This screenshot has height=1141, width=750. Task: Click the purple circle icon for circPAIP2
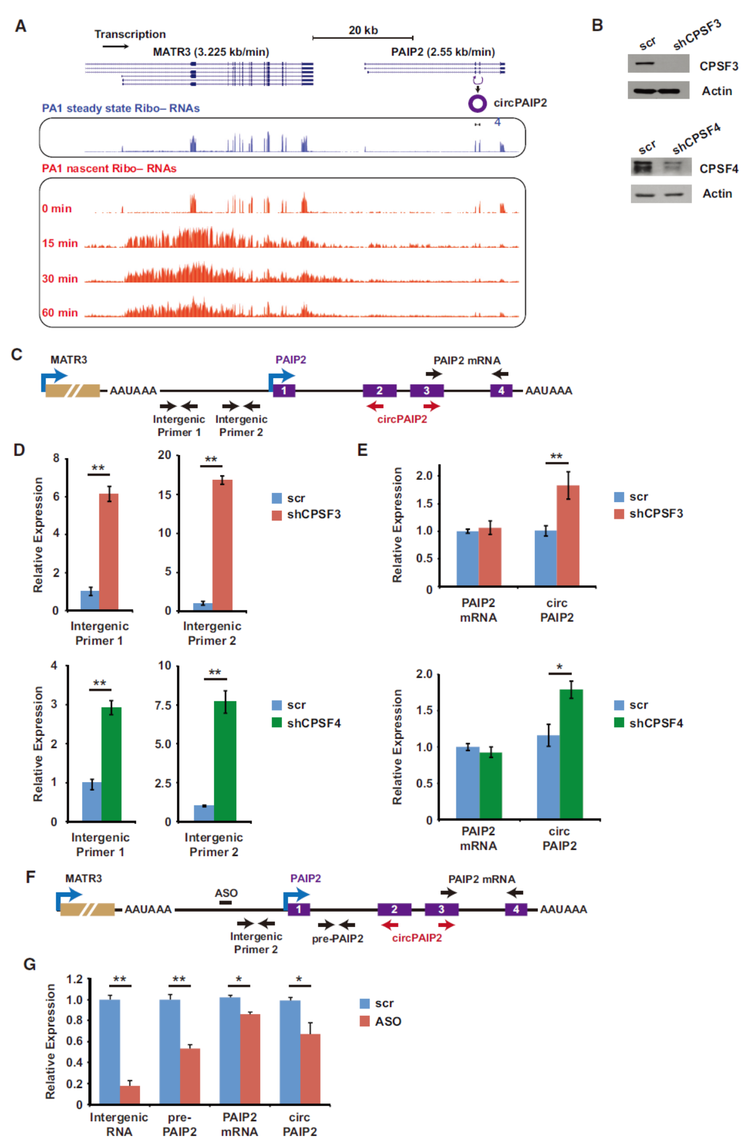click(477, 104)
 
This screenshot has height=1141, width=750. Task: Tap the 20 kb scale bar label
click(363, 30)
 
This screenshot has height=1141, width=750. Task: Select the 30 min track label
click(60, 279)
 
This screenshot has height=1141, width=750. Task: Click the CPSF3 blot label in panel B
click(719, 66)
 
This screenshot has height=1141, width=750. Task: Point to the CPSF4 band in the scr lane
click(643, 167)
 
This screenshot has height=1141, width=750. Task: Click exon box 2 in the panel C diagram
click(379, 390)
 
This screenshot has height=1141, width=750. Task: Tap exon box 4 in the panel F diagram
click(516, 909)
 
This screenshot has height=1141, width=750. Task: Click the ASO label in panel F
click(226, 893)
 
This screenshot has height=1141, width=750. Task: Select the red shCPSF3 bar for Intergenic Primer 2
click(222, 545)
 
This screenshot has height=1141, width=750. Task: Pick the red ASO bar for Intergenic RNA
click(130, 1094)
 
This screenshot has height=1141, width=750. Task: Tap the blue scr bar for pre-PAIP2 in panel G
click(170, 1052)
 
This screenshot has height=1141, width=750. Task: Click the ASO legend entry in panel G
click(387, 1021)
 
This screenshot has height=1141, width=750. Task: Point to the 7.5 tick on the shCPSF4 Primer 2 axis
click(163, 705)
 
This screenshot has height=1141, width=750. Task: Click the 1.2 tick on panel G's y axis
click(75, 979)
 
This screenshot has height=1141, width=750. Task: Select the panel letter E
click(363, 450)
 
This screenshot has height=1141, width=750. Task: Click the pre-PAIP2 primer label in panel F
click(337, 938)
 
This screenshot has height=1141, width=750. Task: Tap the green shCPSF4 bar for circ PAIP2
click(571, 754)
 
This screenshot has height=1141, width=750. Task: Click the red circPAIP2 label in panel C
click(402, 419)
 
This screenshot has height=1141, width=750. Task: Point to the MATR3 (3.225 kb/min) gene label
click(211, 52)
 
